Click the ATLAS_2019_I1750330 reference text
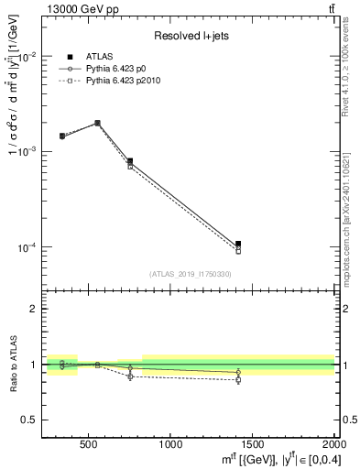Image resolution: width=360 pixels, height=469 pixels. click(190, 274)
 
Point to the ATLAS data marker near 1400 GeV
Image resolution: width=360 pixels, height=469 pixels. click(238, 244)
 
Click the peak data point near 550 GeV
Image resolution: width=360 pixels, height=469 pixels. click(97, 123)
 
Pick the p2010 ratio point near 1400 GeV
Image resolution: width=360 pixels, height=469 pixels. click(238, 379)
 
